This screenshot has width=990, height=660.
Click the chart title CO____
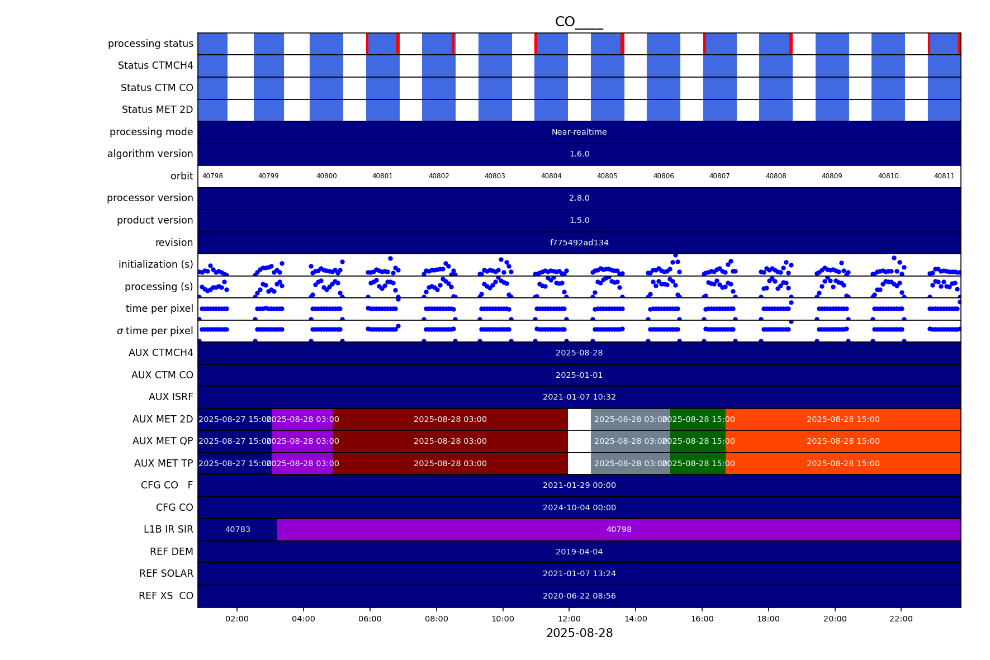point(579,22)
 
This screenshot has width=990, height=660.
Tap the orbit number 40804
point(551,176)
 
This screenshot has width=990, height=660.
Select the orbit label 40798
point(212,176)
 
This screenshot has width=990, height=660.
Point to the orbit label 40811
point(944,176)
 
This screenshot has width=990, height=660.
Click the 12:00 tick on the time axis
point(569,619)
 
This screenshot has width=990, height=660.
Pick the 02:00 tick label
point(237,619)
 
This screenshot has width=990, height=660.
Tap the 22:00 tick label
point(901,619)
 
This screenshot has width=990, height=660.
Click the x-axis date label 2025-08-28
point(579,633)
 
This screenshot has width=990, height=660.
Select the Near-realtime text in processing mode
point(579,132)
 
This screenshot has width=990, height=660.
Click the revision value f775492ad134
point(579,243)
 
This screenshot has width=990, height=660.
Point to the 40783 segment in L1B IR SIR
point(238,530)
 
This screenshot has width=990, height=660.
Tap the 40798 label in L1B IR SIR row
point(619,530)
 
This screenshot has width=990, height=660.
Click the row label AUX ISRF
point(170,397)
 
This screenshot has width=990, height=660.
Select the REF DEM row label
point(171,552)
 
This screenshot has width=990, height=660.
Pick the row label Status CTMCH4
point(155,66)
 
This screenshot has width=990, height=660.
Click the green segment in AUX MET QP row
point(698,441)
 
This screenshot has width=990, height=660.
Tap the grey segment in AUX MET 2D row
point(630,420)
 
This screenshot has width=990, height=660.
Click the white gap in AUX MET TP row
point(579,464)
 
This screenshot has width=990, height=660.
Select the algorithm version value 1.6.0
point(579,154)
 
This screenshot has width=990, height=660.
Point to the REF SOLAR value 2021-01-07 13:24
point(579,574)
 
